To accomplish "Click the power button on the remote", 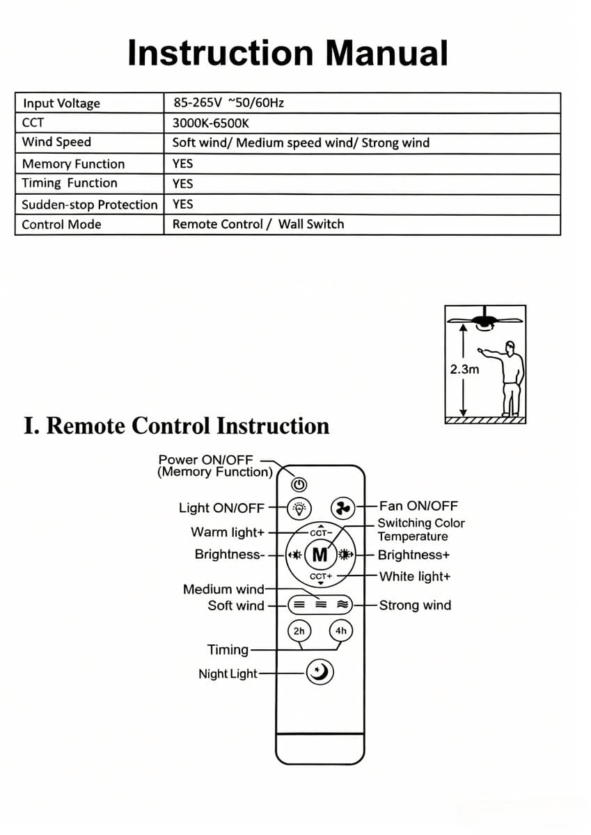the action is [x=299, y=484].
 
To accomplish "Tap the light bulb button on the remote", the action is [x=299, y=508].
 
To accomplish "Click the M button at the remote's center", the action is [x=320, y=555].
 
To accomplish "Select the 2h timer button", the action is [x=299, y=630].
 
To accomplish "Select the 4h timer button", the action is [x=341, y=630].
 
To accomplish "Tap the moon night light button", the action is [x=320, y=673].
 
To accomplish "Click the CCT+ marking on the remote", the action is [x=321, y=576].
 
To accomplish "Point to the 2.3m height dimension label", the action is [x=464, y=369].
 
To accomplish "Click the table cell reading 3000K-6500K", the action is [x=210, y=123].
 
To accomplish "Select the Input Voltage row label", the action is [x=61, y=103].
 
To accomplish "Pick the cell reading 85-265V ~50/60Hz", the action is [x=228, y=102].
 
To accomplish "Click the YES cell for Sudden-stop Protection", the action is [x=182, y=204].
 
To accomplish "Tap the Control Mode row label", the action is [x=61, y=224].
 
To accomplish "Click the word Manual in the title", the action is [x=386, y=53].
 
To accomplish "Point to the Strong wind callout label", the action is [x=415, y=605].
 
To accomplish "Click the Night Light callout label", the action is [x=228, y=674].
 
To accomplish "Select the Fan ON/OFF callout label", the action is [x=418, y=506].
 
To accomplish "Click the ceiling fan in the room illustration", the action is [x=484, y=321].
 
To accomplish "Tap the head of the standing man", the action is [x=510, y=348].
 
